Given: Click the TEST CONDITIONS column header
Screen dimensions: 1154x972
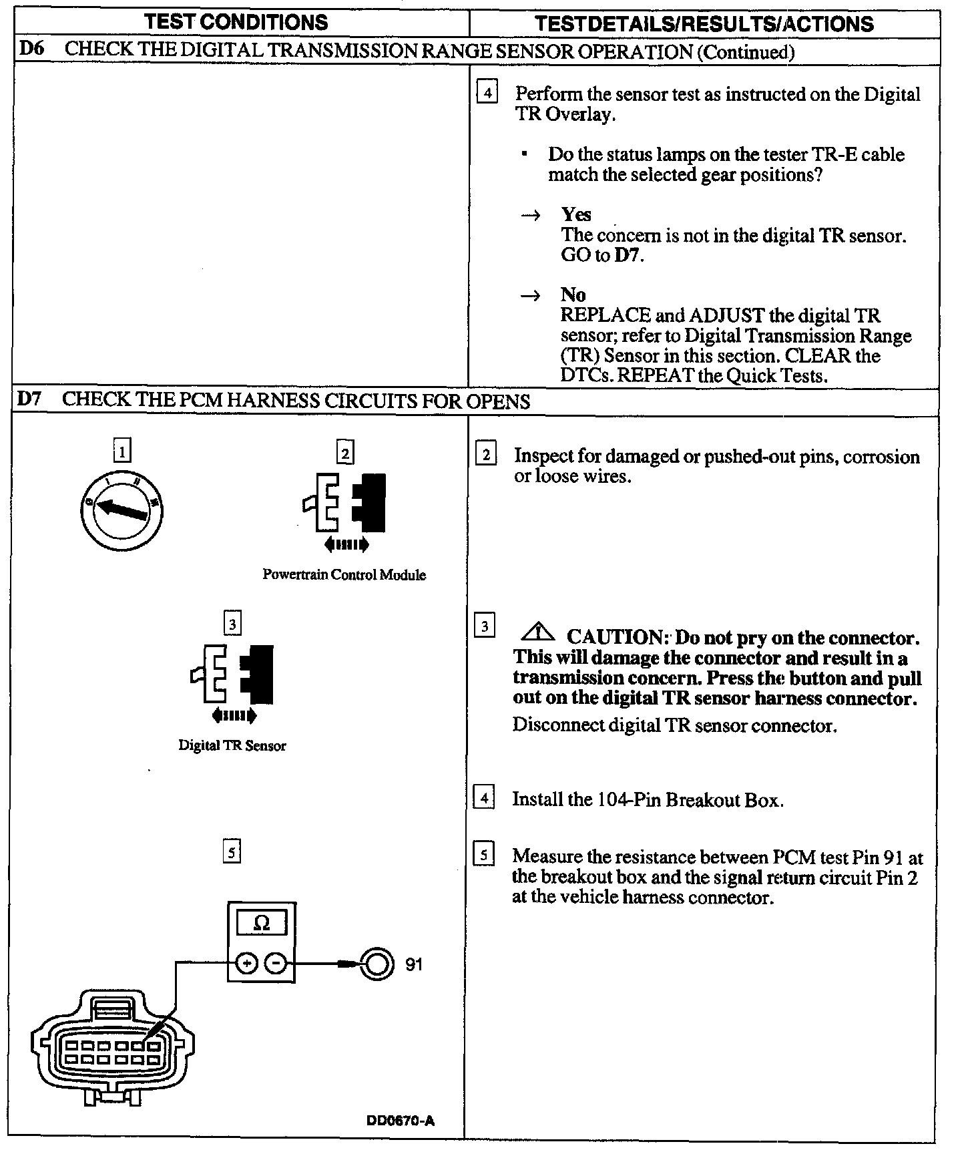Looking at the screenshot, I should click(x=237, y=22).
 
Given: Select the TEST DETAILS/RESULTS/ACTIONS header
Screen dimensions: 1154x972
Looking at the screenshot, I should click(x=704, y=24).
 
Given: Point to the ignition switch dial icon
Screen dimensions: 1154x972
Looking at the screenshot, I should click(x=121, y=511).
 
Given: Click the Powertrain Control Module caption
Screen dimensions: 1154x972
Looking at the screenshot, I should click(x=344, y=575).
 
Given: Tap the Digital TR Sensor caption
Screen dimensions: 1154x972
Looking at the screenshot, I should click(x=232, y=746).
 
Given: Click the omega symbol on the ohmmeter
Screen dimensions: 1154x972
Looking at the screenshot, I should click(x=262, y=924).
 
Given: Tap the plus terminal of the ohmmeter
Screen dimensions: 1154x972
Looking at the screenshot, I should click(x=246, y=964).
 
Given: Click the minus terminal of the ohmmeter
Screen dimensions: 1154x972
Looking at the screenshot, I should click(x=276, y=964).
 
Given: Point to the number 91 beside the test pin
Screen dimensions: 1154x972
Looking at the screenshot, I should click(x=414, y=964).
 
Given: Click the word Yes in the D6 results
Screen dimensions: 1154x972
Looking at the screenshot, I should click(x=576, y=214).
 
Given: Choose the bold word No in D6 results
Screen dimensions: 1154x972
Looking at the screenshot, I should click(x=573, y=295).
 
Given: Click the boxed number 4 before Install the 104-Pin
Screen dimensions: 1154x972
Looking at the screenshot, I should click(x=484, y=798).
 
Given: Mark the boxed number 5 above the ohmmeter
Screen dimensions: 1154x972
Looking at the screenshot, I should click(x=231, y=852).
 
